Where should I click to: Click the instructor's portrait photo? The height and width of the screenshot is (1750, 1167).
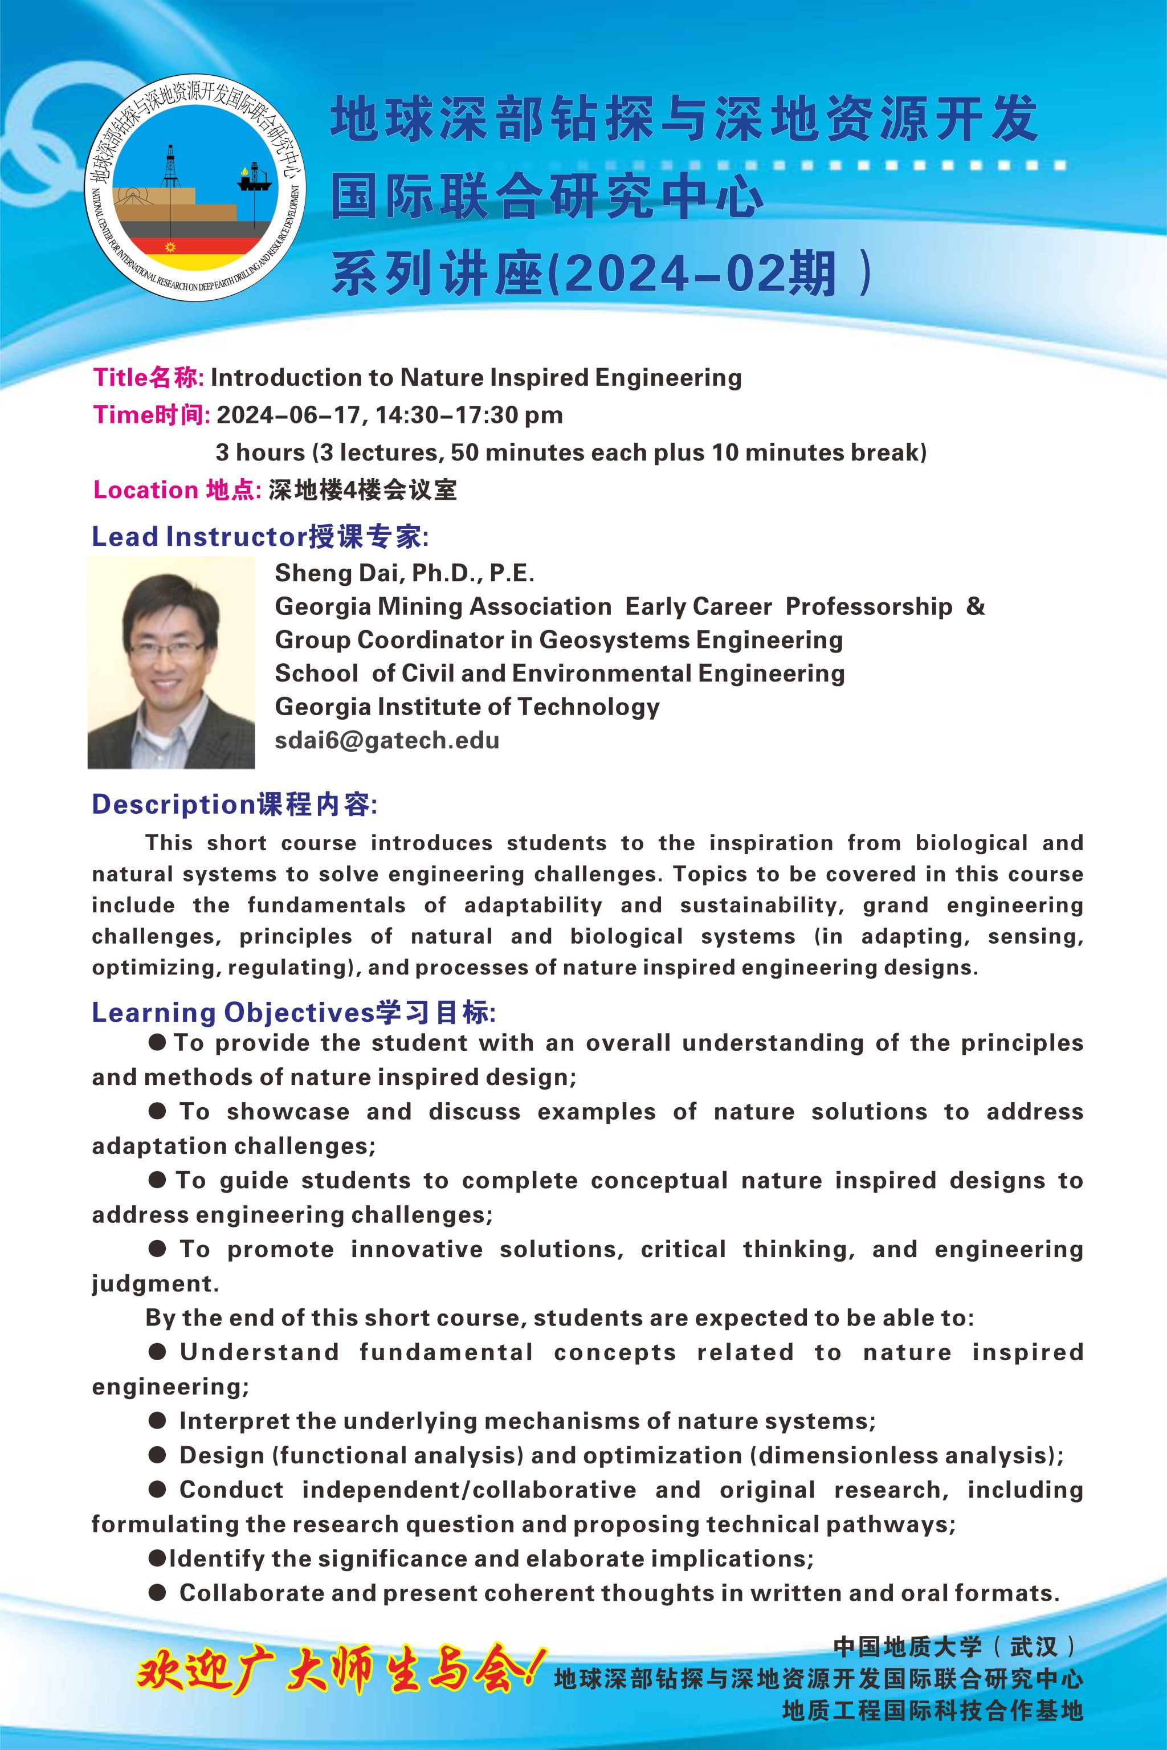click(x=171, y=663)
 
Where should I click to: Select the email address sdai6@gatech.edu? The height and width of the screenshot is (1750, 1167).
click(x=387, y=741)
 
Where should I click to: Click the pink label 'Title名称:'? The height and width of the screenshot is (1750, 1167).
click(x=148, y=377)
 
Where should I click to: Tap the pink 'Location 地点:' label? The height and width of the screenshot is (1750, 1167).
click(x=177, y=490)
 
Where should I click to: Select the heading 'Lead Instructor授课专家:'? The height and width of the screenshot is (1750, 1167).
click(x=260, y=537)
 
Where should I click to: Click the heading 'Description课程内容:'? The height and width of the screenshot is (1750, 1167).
click(x=234, y=805)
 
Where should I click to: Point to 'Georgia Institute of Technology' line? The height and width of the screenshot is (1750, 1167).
click(x=467, y=707)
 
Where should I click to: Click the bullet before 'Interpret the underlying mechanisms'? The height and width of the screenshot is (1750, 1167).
click(x=157, y=1421)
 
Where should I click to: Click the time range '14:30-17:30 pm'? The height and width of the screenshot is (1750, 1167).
click(x=470, y=415)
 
